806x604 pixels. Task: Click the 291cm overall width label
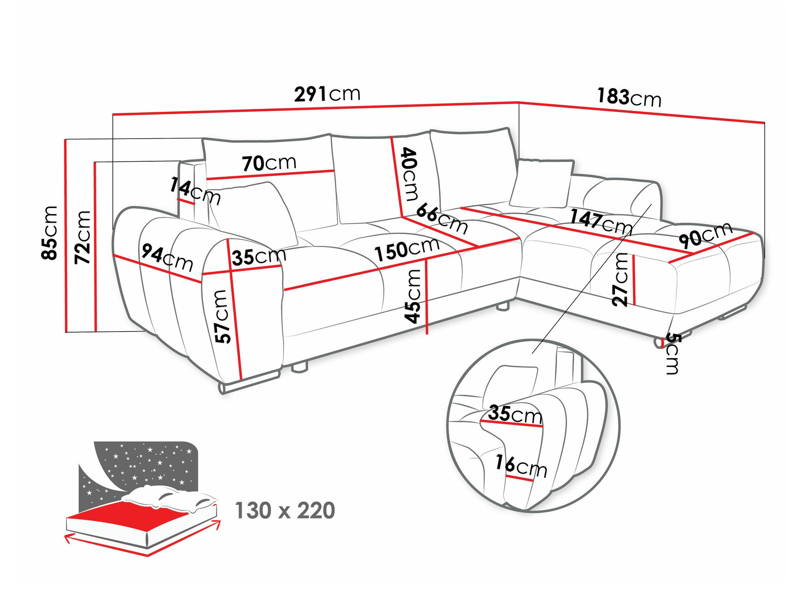[327, 94]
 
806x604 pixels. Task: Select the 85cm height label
[50, 232]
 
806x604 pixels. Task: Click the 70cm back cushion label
[269, 163]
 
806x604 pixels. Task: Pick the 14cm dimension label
[195, 191]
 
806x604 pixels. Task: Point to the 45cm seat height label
[413, 296]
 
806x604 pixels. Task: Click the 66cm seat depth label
[442, 218]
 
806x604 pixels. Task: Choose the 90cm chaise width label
[705, 235]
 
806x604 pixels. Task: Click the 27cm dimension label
[620, 279]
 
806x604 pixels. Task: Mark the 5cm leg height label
[672, 353]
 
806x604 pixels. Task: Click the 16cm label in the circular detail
[521, 465]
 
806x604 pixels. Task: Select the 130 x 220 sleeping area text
[285, 511]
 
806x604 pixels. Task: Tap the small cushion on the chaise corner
[541, 183]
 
